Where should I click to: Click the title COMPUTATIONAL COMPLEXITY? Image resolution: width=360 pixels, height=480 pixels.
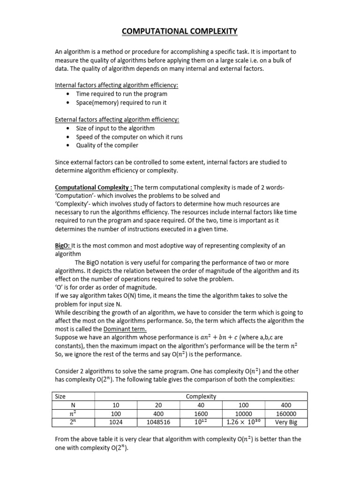click(180, 31)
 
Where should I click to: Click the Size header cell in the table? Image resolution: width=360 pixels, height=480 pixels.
click(60, 397)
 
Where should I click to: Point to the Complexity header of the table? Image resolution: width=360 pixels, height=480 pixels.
click(201, 397)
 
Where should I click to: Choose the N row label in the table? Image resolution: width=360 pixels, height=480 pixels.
click(73, 405)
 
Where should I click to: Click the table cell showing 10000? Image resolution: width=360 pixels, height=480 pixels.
click(243, 414)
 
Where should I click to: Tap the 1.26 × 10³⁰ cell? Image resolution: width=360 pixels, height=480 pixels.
click(243, 422)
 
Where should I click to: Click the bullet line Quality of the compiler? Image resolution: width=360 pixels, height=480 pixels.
click(107, 145)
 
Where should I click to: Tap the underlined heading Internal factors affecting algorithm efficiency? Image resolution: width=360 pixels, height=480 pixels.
click(117, 85)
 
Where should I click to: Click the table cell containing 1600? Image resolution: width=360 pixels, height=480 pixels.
click(201, 414)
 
